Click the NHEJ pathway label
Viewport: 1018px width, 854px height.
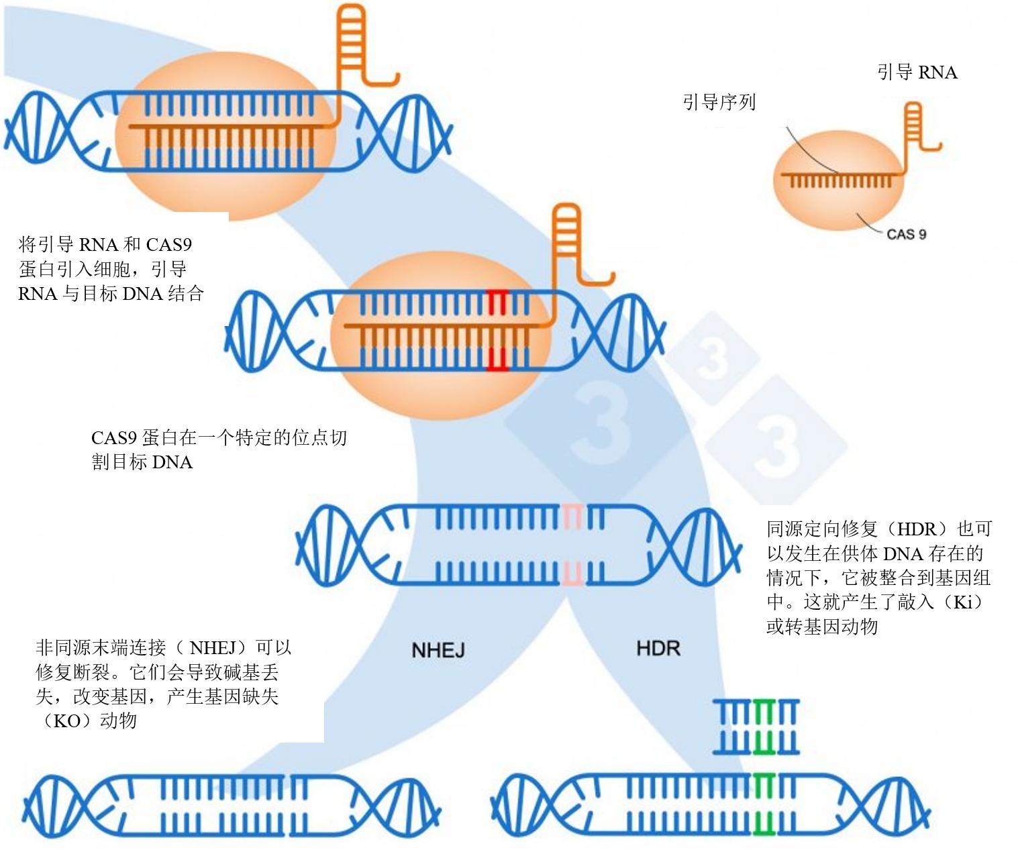438,649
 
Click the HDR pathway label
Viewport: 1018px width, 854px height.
658,648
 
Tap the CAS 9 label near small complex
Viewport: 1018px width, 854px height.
906,234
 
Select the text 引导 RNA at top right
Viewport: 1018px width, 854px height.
917,72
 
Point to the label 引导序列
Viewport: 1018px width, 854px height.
719,102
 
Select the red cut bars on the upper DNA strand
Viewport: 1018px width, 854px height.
497,303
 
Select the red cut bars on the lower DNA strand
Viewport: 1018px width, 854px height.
497,359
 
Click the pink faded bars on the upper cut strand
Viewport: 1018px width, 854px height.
572,517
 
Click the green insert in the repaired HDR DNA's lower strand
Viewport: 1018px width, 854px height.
763,822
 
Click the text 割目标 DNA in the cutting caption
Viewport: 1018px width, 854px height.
142,462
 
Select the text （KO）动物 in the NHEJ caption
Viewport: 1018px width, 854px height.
86,721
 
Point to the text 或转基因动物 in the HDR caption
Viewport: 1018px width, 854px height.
822,627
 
